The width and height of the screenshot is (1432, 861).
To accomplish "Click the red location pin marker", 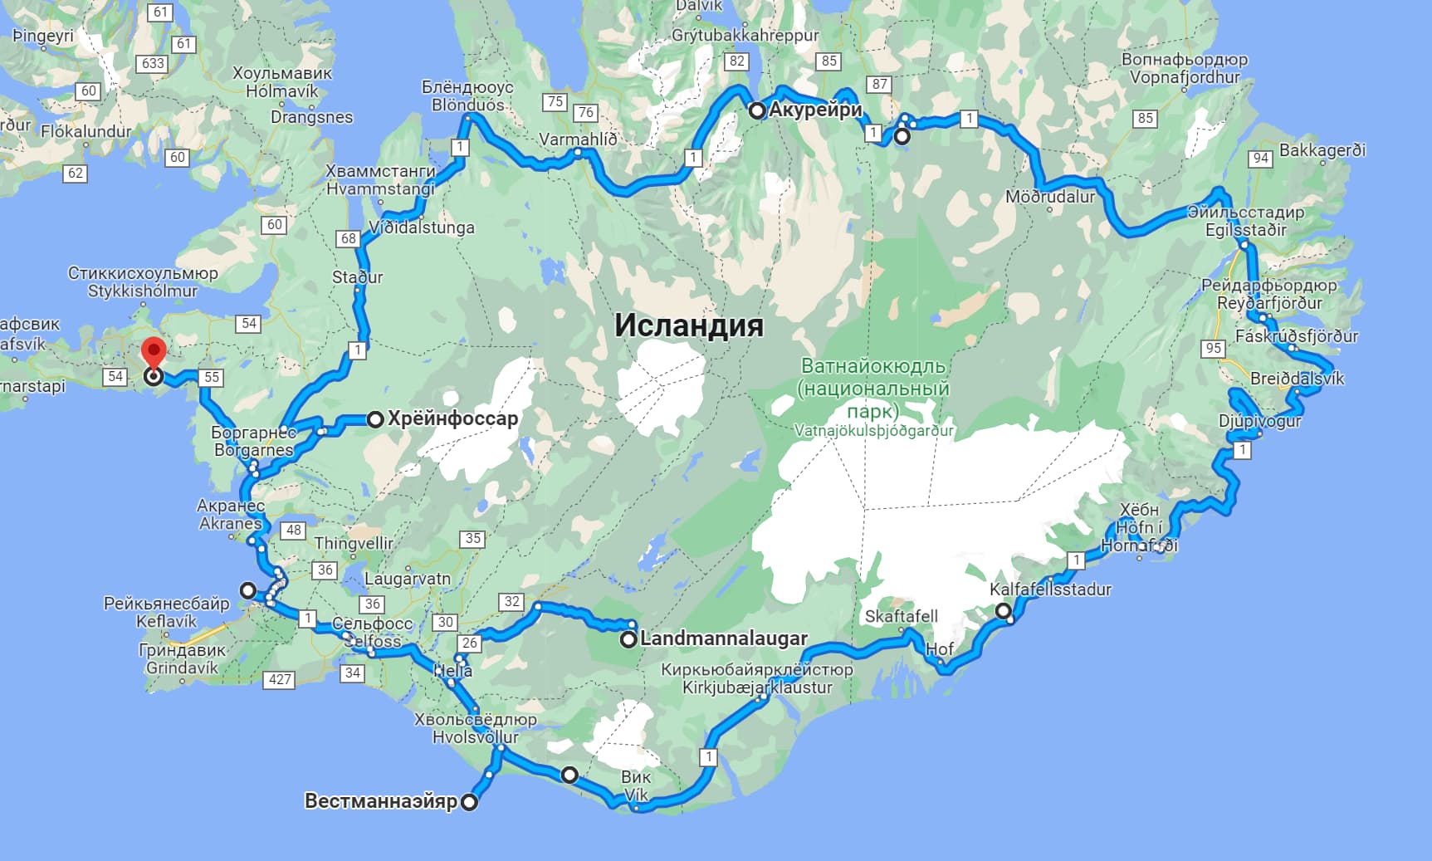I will click(x=154, y=353).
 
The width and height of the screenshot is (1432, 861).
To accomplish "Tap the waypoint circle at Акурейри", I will click(x=757, y=110).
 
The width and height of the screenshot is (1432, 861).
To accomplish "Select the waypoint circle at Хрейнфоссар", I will click(x=375, y=419).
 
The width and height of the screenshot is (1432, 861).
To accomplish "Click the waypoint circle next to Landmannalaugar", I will click(x=628, y=639).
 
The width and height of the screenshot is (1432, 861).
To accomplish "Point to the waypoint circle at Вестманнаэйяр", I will click(x=469, y=802).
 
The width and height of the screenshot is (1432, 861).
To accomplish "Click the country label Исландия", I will click(x=688, y=325).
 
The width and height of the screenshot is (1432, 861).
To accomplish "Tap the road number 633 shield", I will click(x=153, y=63).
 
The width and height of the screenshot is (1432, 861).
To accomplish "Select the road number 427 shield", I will click(x=280, y=679).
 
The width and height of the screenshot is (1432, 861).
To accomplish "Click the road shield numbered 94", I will click(x=1260, y=158).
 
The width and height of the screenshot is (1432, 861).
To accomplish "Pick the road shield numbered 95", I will click(x=1213, y=348).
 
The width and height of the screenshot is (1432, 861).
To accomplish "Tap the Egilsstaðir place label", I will click(x=1245, y=230).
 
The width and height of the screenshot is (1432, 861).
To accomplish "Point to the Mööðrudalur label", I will click(x=1049, y=197).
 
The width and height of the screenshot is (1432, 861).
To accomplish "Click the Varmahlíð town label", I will click(x=578, y=139).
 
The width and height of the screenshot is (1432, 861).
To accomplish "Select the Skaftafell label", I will click(x=901, y=616).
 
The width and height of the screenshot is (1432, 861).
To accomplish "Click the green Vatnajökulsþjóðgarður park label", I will click(x=873, y=431).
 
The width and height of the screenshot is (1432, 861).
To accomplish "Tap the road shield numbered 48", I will click(x=293, y=530).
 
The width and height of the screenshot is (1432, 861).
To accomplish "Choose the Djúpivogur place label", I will click(x=1259, y=420).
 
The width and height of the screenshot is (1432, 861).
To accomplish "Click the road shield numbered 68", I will click(x=348, y=238).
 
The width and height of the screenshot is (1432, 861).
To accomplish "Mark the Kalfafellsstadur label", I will click(x=1049, y=589).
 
